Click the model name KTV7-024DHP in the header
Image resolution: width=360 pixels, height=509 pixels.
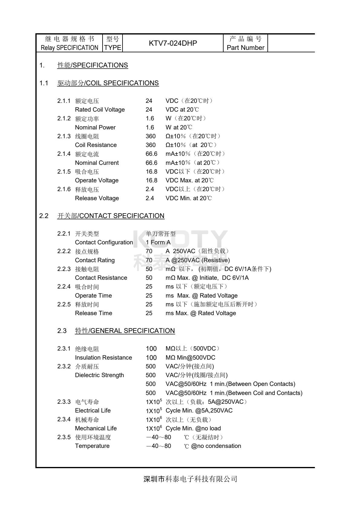[173, 43]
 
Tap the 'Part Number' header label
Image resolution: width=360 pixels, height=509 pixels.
[245, 48]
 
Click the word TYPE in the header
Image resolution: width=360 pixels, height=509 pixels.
[113, 48]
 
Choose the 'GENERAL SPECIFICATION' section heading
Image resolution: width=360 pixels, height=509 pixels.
[125, 331]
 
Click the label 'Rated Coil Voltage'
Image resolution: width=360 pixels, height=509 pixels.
[100, 109]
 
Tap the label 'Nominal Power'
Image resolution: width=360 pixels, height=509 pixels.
[95, 127]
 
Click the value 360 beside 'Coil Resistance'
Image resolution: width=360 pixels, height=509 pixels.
[151, 145]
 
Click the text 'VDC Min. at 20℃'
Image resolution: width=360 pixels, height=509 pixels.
[188, 198]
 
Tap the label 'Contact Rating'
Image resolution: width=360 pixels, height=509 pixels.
[95, 260]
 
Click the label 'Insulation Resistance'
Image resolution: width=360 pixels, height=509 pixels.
[103, 358]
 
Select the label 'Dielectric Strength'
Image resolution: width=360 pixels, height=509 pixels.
[100, 375]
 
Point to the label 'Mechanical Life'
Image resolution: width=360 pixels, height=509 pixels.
[96, 429]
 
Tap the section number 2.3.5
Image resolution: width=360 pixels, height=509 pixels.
[64, 437]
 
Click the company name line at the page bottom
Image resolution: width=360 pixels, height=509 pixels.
[190, 479]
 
